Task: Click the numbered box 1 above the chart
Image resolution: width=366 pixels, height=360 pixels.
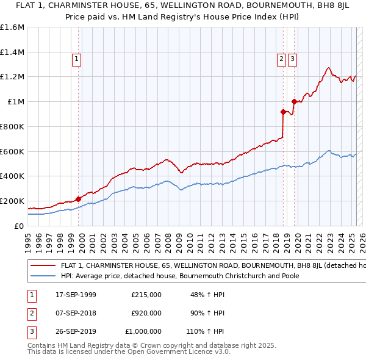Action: [76, 59]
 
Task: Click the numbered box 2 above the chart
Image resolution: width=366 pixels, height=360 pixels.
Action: [281, 59]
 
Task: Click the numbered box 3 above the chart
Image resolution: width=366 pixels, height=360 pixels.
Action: [293, 59]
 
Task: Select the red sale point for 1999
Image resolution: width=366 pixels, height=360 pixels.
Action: [78, 199]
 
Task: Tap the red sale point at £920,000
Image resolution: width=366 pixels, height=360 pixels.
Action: [283, 112]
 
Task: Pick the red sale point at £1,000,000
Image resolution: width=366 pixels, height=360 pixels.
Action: [294, 101]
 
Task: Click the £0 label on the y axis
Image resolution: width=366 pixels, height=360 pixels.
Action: [18, 226]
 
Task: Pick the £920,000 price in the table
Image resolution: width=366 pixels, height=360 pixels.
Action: [146, 313]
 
